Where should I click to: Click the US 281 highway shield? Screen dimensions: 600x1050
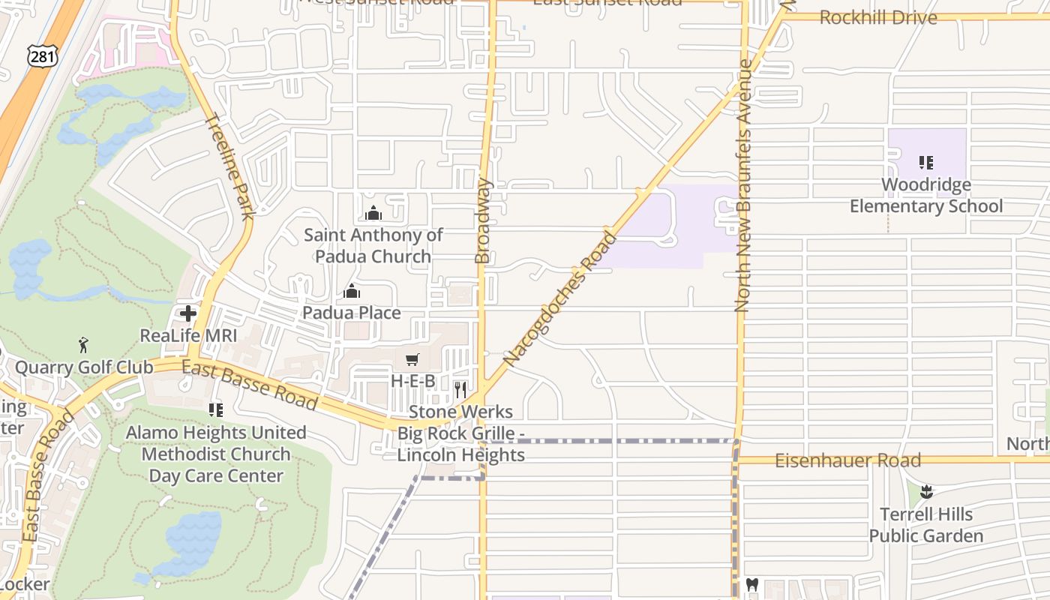tap(42, 56)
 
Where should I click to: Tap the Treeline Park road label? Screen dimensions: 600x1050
tap(229, 166)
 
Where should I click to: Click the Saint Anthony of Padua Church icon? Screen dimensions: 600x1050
tap(373, 214)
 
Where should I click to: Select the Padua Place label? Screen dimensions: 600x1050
tap(351, 312)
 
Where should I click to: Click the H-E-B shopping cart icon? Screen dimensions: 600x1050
tap(412, 360)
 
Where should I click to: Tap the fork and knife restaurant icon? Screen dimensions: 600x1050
tap(460, 390)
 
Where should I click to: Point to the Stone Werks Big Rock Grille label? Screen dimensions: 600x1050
tap(460, 433)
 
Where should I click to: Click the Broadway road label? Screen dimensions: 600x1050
tap(483, 220)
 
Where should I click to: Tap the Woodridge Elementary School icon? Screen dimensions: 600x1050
tap(926, 163)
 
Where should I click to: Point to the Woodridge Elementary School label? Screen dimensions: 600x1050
tap(926, 195)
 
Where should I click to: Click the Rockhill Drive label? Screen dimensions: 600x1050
tap(878, 17)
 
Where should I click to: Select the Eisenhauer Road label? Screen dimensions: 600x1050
tap(847, 460)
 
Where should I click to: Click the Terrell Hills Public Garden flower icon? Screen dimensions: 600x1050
tap(926, 492)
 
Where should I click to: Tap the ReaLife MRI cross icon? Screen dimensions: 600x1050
tap(187, 313)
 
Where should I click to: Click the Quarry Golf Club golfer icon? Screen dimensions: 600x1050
tap(83, 346)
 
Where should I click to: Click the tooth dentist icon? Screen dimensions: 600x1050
tap(752, 585)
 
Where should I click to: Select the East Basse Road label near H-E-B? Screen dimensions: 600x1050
tap(250, 385)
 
